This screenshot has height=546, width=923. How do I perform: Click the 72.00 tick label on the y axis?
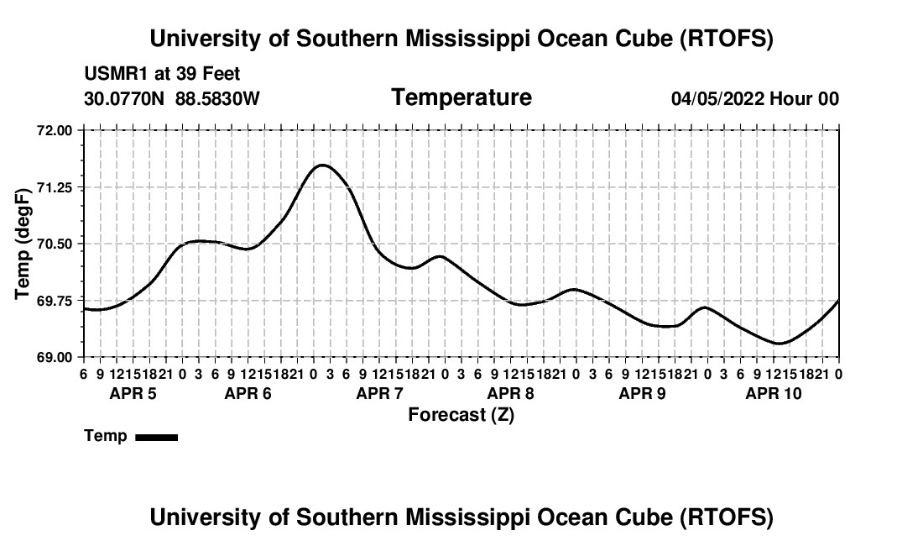coord(56,130)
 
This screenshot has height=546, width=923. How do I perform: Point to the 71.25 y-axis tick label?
coord(56,187)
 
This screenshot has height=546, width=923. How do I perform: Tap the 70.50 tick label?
coord(56,244)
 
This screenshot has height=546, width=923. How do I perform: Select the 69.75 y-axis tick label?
coord(56,301)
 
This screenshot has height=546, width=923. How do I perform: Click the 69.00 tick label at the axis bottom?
coord(56,357)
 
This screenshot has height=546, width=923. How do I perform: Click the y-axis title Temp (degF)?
coord(24,244)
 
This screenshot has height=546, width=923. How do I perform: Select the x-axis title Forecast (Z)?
coord(461,414)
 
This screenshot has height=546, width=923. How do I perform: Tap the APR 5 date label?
coord(133,393)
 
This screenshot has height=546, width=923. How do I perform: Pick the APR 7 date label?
coord(380,393)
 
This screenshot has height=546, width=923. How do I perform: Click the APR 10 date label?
coord(774,393)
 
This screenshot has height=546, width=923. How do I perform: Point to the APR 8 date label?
coord(510,393)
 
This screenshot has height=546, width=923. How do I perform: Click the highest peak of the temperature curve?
coord(322,165)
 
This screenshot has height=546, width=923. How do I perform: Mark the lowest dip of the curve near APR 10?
coord(779,343)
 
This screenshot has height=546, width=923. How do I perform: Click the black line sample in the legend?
coord(156,437)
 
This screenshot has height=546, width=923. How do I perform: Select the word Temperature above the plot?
coord(461,97)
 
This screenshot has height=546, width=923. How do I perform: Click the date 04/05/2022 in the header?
coord(717,99)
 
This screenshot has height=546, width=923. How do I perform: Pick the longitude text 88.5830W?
coord(217,99)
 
